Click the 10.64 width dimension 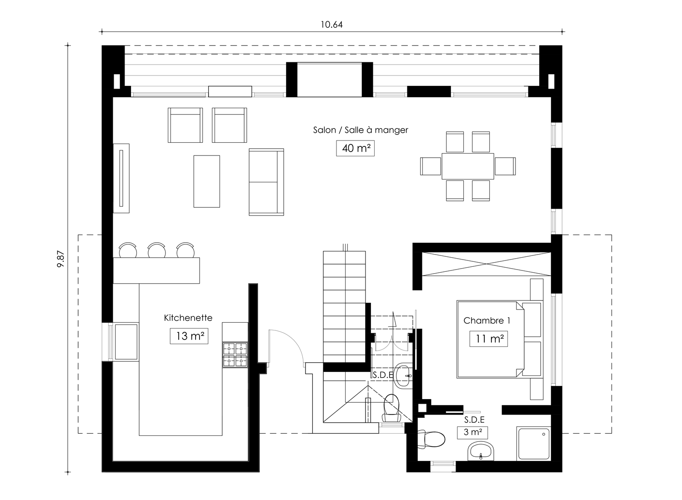[331, 25]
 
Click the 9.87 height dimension [61, 259]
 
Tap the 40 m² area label [355, 148]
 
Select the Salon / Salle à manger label [361, 130]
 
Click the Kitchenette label [188, 318]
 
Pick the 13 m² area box [189, 336]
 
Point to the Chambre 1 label [486, 320]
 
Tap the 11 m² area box [489, 338]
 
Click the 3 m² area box [472, 432]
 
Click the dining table [468, 166]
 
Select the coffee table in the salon [207, 181]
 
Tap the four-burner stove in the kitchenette [235, 355]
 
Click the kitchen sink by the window [126, 342]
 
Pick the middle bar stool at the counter [157, 251]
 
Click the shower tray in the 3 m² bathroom [534, 444]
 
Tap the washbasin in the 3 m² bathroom [481, 451]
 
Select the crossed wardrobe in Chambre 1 [486, 264]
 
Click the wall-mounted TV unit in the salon [121, 178]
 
